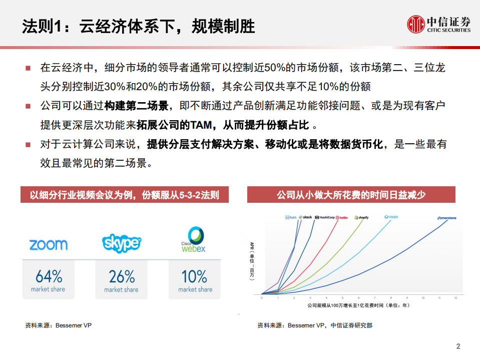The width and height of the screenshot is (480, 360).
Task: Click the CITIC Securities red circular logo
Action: tap(415, 24)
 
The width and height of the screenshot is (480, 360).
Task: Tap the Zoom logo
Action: tap(48, 245)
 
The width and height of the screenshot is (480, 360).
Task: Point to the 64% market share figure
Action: tap(49, 276)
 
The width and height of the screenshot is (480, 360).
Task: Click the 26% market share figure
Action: tap(122, 276)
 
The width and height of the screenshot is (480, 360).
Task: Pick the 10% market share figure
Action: tap(195, 276)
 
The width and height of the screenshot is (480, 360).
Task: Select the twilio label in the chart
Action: tap(342, 218)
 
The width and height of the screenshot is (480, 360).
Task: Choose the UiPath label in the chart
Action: tap(291, 218)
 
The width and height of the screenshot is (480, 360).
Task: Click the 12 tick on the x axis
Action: tap(455, 297)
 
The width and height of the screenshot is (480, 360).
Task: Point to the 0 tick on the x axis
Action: tap(261, 297)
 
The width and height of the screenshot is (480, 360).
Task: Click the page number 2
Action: tap(458, 346)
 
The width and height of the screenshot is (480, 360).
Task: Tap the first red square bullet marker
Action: tap(29, 68)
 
